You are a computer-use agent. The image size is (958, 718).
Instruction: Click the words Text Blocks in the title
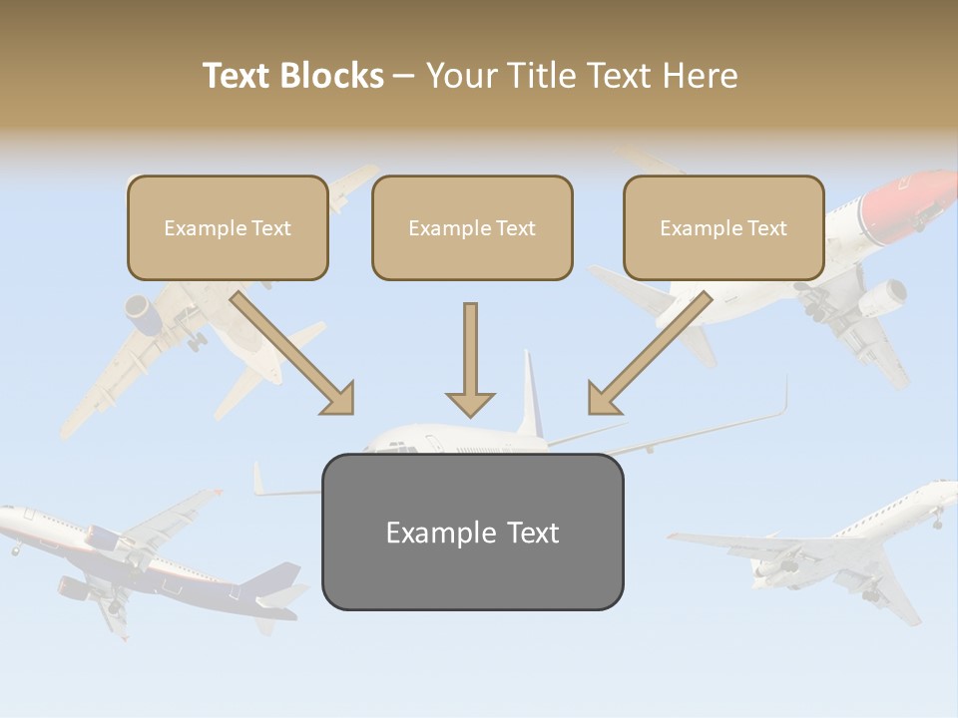(293, 76)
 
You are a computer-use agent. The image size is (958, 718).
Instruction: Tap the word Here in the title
(701, 76)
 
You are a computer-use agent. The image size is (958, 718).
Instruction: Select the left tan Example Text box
(228, 227)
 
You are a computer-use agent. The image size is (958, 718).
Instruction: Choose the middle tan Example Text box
(472, 227)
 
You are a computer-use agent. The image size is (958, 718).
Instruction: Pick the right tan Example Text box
(723, 227)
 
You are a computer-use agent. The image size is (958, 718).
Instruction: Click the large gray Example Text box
(472, 532)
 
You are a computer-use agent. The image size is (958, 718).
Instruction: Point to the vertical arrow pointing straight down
(470, 359)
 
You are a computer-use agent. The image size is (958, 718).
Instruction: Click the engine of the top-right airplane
(882, 295)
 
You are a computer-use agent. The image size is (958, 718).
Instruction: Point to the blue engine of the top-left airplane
(148, 314)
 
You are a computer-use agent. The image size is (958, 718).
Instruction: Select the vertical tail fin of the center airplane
(528, 394)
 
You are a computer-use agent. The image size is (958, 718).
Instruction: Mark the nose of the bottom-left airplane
(6, 513)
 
